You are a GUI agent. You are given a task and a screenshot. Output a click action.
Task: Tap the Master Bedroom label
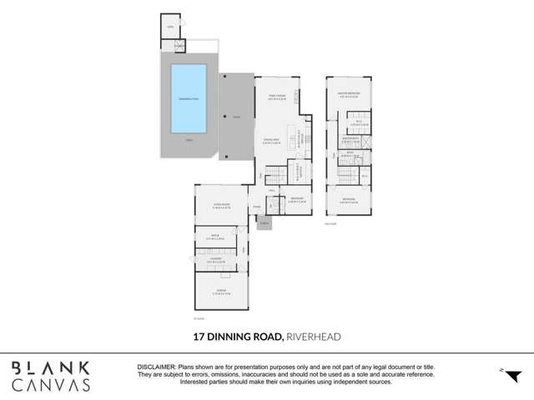pos(349,94)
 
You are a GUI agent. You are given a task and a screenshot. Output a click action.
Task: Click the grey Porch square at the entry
pos(264,223)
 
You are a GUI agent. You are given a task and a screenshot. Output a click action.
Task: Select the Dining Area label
pos(270,140)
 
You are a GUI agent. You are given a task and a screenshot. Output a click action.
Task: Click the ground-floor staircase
pos(275,174)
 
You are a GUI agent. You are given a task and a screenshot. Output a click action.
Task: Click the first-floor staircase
pos(347,176)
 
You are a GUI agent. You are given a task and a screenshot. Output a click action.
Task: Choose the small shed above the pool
pos(170,27)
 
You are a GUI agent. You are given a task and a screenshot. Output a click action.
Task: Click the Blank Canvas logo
pos(51,376)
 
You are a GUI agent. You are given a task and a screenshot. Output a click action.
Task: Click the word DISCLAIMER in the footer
pos(155,367)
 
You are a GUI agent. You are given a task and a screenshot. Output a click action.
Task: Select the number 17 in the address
pos(199,337)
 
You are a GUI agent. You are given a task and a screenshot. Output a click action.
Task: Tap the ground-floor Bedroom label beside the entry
pos(296,200)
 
